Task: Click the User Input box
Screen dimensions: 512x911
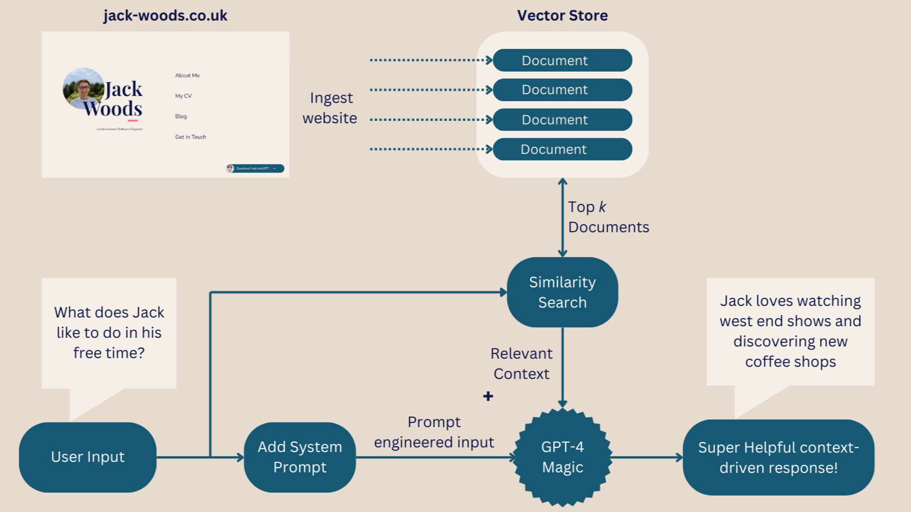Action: click(x=88, y=457)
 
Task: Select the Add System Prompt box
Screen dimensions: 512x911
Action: click(x=300, y=457)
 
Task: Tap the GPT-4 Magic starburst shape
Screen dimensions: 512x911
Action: click(x=562, y=457)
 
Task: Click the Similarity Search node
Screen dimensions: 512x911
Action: click(x=562, y=292)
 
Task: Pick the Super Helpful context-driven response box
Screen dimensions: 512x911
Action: click(x=778, y=457)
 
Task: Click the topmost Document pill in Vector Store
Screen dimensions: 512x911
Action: click(x=562, y=60)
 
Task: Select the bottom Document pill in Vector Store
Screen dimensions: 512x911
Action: click(x=562, y=149)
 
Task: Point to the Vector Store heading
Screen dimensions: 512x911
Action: click(x=562, y=15)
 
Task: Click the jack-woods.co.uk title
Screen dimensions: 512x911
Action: click(x=165, y=15)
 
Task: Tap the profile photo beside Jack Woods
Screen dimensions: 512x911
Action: click(x=83, y=88)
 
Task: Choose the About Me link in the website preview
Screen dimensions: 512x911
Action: click(x=187, y=75)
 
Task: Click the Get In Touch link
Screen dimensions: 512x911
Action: click(x=190, y=137)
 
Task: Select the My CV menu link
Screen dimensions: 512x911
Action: click(x=183, y=96)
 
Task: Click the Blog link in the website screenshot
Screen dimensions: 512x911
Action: click(x=181, y=116)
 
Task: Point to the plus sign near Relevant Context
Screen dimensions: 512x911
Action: click(x=488, y=396)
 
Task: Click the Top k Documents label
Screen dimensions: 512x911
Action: click(x=608, y=217)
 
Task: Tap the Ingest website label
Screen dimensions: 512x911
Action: click(x=330, y=108)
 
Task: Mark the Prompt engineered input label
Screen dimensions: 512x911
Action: click(x=434, y=432)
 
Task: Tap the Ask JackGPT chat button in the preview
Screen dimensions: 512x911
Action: click(x=255, y=168)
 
